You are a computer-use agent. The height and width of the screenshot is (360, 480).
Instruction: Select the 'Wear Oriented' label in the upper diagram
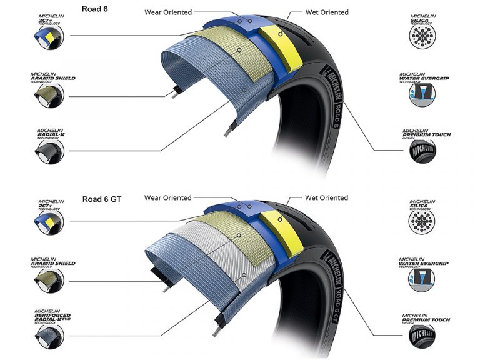tap(168, 12)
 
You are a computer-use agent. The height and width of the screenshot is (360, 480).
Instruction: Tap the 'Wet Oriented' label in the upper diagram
tap(327, 12)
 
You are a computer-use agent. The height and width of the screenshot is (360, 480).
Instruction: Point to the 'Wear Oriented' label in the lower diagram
tap(168, 198)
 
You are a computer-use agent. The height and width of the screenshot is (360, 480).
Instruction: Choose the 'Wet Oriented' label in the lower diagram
tap(327, 198)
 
